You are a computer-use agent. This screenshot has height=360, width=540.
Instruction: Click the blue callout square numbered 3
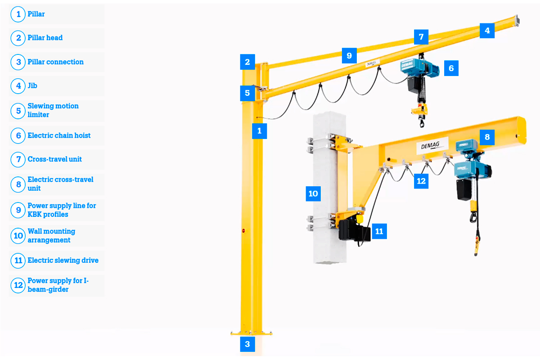point(247,344)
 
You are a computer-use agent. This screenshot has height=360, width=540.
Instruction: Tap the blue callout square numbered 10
point(313,193)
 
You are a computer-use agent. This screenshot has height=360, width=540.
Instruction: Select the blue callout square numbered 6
point(451,68)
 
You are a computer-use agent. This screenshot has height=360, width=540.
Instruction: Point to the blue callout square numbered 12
point(421,181)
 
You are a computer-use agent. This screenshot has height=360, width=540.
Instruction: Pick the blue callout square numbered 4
point(487,31)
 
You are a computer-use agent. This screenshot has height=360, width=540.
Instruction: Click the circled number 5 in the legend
point(18,111)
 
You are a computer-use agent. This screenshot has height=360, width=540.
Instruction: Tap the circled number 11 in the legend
point(18,261)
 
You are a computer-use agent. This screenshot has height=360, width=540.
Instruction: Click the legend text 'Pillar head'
point(45,38)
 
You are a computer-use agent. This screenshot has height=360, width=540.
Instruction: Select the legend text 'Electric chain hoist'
point(59,135)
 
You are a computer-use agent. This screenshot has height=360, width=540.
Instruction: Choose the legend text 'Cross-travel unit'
point(55,159)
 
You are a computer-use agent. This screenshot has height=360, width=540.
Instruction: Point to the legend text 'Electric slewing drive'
point(63,260)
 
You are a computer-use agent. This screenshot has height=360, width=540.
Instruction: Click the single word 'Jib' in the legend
point(32,85)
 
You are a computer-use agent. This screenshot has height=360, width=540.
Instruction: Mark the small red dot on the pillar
point(243,230)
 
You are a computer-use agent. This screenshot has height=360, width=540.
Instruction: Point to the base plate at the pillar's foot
point(252,333)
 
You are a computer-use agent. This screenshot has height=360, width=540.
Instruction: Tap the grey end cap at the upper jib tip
point(517,21)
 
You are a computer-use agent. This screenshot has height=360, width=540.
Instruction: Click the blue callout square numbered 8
point(487,137)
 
